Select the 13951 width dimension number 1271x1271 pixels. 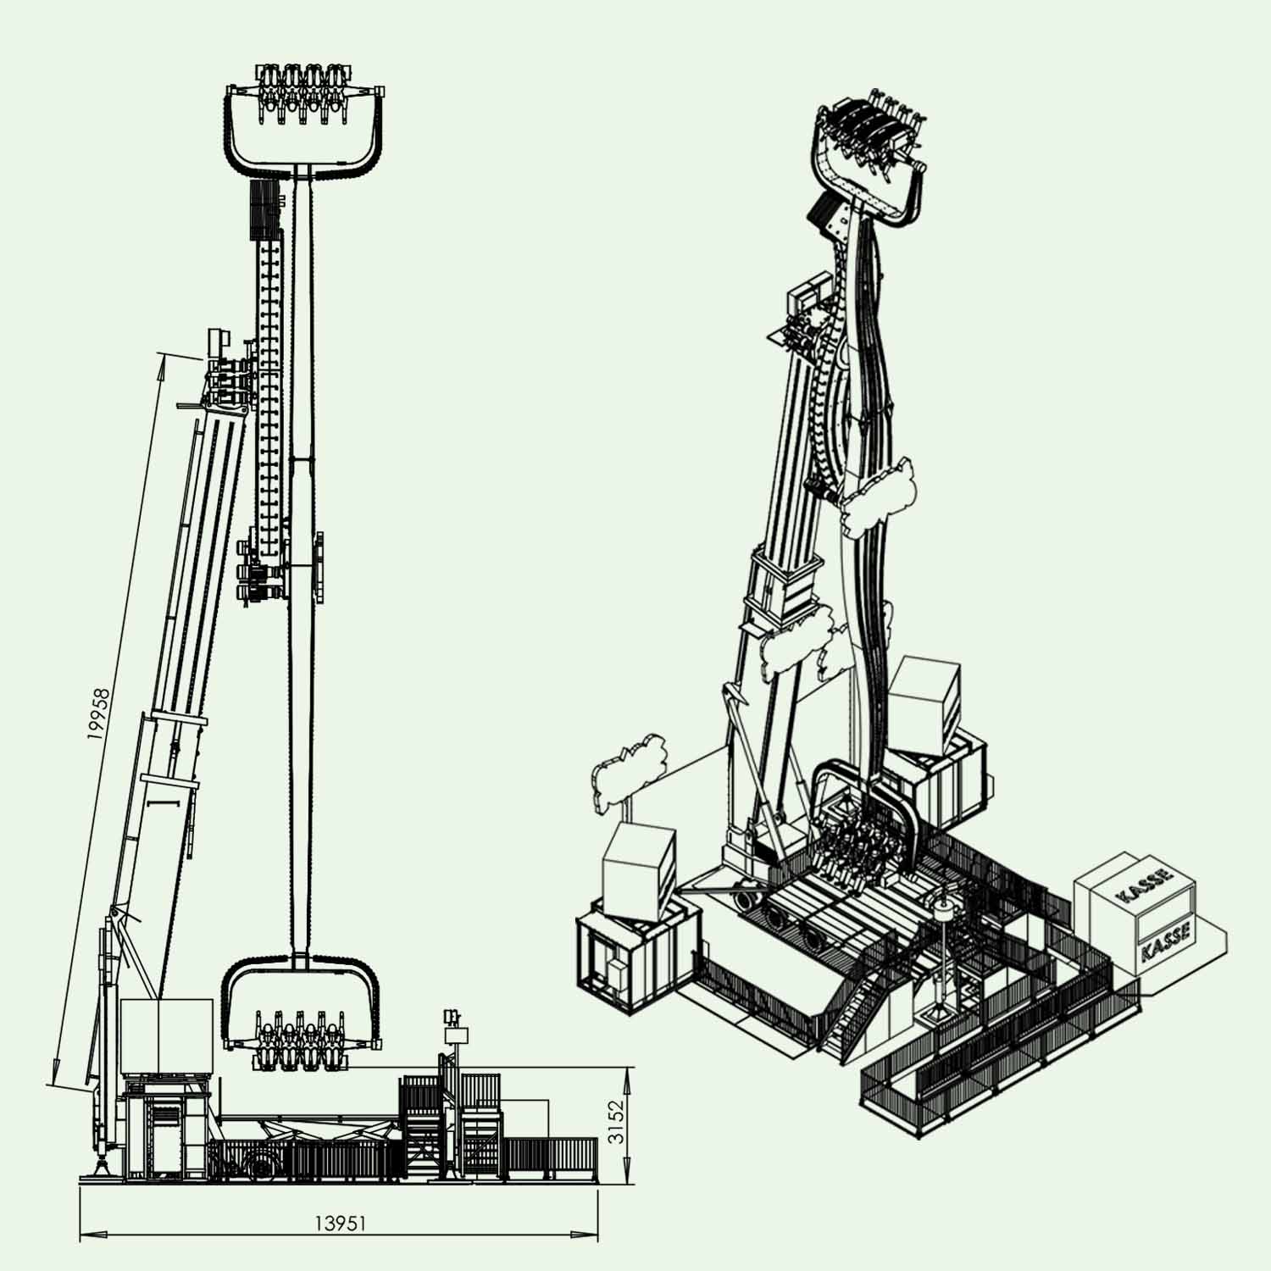(x=340, y=1223)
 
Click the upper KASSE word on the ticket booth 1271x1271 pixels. (x=1145, y=885)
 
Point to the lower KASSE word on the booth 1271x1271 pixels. (x=1166, y=941)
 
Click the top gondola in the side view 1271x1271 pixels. (x=306, y=119)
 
